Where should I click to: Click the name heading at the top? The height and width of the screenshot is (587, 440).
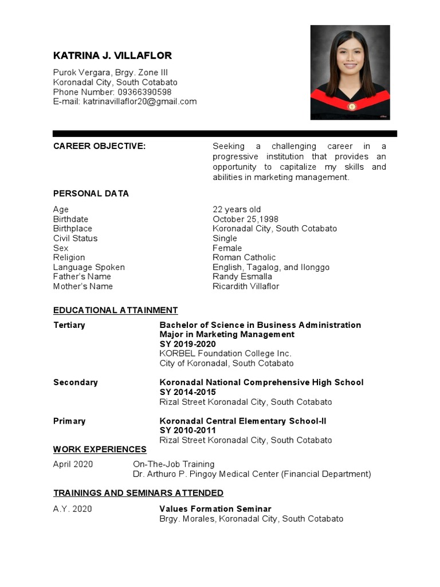(112, 56)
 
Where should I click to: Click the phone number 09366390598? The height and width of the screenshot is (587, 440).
(144, 92)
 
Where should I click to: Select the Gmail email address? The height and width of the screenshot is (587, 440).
(140, 101)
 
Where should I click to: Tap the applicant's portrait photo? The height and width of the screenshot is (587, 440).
(349, 72)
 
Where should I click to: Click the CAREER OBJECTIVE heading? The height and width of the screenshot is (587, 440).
(100, 146)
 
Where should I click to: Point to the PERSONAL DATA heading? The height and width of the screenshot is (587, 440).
(91, 193)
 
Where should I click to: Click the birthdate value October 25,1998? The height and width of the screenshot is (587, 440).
(245, 219)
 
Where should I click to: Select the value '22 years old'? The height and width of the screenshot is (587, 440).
(237, 209)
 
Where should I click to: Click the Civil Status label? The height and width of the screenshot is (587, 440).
(75, 238)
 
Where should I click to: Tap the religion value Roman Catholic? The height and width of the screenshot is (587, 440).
(244, 257)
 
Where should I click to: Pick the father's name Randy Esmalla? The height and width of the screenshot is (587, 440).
(242, 276)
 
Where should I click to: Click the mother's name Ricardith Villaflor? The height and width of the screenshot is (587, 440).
(246, 286)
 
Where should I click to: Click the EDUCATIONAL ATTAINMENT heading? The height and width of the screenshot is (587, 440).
(116, 310)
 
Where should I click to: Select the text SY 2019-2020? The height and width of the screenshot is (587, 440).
(187, 344)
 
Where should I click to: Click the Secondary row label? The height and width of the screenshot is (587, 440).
(76, 382)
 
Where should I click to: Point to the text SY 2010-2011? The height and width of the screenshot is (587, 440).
(187, 431)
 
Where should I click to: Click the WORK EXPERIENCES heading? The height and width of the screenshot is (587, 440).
(100, 449)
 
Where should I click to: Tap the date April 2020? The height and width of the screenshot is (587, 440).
(73, 464)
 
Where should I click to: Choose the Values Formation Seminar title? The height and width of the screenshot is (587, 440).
(215, 509)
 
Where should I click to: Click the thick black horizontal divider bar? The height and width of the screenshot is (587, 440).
(225, 134)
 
